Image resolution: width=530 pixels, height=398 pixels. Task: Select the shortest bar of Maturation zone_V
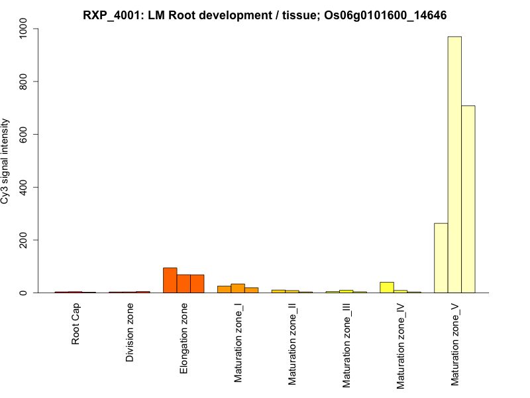[441, 258]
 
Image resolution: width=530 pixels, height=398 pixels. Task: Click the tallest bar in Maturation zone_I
[238, 288]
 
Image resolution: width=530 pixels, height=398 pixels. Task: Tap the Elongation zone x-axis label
[184, 338]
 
